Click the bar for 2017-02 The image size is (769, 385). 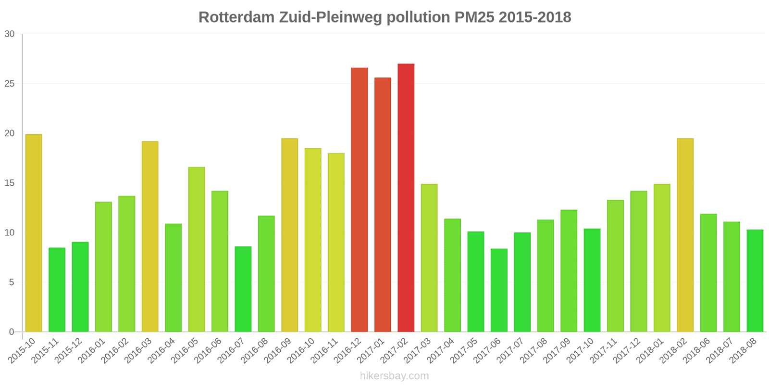[x=406, y=198]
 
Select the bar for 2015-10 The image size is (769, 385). [x=34, y=233]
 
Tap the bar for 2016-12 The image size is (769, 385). [x=360, y=200]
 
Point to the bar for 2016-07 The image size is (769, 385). [x=243, y=289]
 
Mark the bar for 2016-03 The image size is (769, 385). [x=150, y=236]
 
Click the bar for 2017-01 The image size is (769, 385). [x=383, y=205]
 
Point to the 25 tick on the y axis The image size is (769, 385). [x=10, y=84]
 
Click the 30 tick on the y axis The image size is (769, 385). [x=10, y=34]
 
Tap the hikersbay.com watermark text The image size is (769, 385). [x=394, y=376]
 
